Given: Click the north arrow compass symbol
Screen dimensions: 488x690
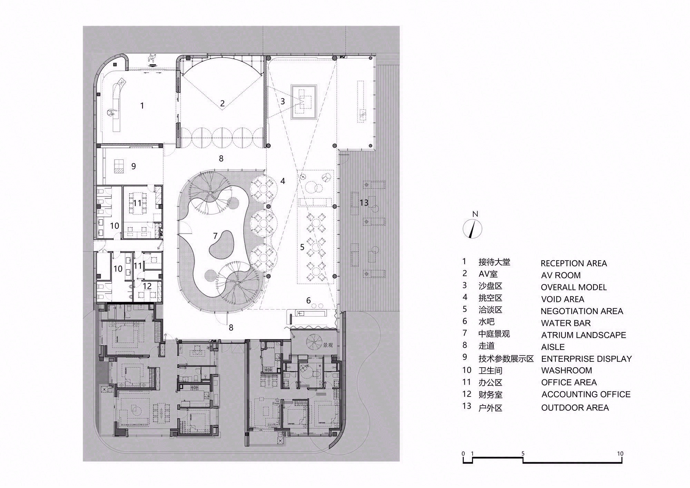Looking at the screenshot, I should coord(472,228).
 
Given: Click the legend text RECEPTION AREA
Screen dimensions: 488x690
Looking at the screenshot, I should coord(573,263).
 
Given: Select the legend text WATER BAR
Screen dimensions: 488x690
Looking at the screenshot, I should coord(565,323).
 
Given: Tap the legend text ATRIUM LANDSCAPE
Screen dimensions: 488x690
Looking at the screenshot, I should coord(583,335).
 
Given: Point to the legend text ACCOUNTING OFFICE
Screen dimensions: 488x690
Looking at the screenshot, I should coord(586,394).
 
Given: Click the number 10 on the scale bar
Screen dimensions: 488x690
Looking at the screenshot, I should coord(620,453).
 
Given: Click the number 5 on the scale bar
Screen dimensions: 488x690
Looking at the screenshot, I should coord(523,453).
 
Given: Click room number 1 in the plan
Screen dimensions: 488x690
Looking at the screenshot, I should coord(142,105).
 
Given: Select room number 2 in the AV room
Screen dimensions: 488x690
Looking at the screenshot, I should coord(222,103).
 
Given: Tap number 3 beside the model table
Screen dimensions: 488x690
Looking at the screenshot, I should coord(283,101).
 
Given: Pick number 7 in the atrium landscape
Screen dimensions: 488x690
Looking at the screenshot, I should coord(215,236).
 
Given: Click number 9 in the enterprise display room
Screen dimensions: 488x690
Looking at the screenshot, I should coord(134,166).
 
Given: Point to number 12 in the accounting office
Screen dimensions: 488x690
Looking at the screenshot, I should coord(147,286).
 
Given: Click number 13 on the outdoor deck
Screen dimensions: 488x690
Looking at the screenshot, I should coord(364,202).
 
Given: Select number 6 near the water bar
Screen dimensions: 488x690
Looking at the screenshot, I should coord(308,300).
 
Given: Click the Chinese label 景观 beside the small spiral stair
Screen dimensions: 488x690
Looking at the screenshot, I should coord(328,345).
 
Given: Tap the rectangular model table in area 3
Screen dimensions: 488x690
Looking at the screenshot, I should coord(304,102).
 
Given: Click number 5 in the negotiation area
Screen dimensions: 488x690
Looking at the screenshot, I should coord(302,247).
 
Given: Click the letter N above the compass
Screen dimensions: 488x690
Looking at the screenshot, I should coord(475,214).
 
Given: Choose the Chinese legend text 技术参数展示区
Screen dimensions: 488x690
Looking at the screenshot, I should coord(506,359).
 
